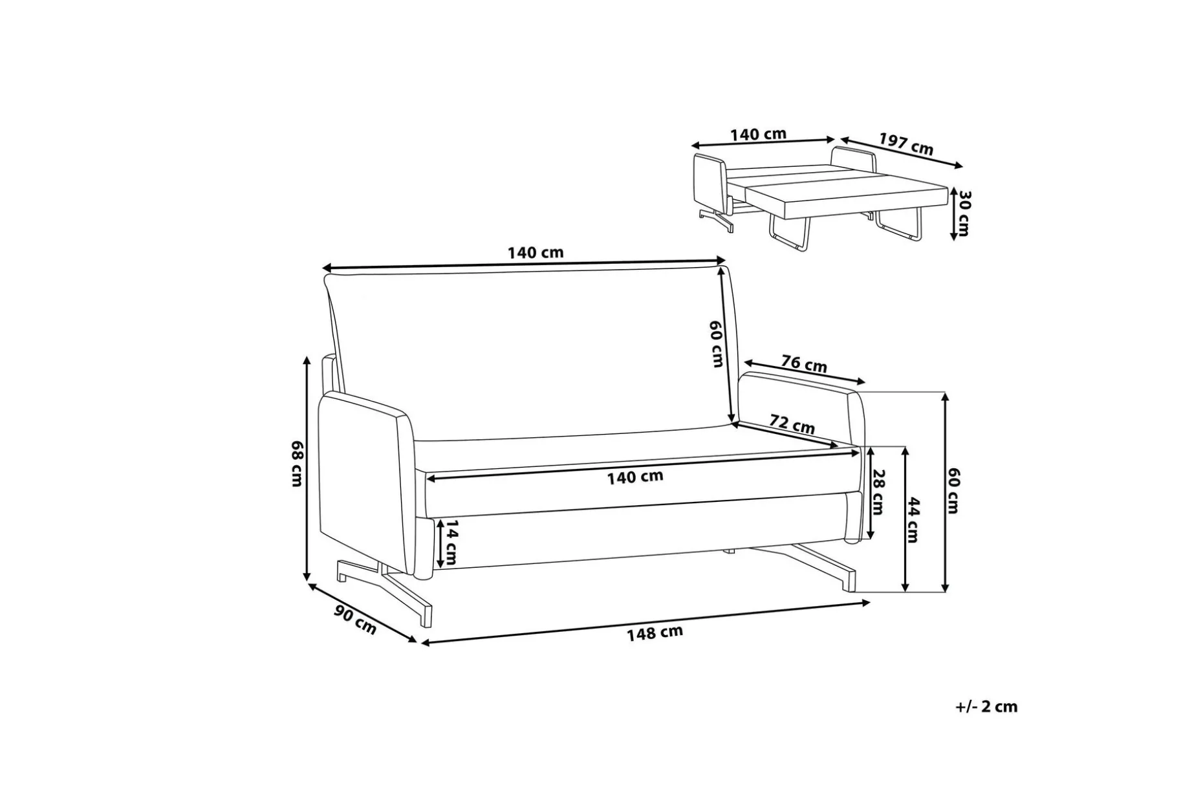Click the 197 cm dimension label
coord(906,144)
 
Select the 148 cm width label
coord(655,632)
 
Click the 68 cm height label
coord(297,464)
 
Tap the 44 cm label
coord(913,520)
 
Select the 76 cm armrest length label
coord(804,364)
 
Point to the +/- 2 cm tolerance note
coord(986,707)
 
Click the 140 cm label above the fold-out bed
coord(758,135)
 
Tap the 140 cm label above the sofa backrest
coord(536,252)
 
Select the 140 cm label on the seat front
coord(635,477)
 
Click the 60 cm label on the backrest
coord(717,344)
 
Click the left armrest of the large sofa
coord(366,485)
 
